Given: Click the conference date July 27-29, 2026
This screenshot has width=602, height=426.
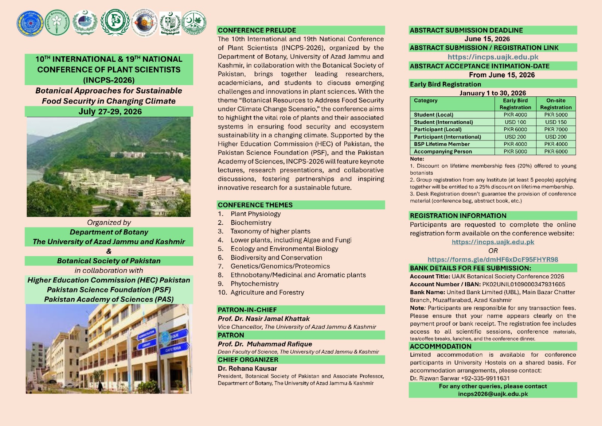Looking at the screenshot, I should (x=110, y=111).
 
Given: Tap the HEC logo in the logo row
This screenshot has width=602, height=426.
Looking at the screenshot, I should (x=85, y=22).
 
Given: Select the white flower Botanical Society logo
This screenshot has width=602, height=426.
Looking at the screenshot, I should (x=57, y=23).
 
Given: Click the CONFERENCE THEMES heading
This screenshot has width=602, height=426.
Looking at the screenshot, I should (x=255, y=205).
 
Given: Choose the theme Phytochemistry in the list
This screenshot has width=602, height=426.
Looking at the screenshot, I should (x=255, y=284).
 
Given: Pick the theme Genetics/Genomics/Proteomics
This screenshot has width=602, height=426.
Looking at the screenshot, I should (x=280, y=266).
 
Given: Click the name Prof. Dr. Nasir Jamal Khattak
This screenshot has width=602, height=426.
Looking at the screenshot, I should (x=264, y=319).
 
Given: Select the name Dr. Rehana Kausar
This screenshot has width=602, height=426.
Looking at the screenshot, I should (x=247, y=368).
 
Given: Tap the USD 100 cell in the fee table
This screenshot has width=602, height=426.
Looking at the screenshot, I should (x=515, y=122).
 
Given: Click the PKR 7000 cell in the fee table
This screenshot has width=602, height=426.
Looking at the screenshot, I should (x=556, y=129).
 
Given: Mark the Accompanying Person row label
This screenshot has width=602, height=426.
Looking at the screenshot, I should (x=442, y=151).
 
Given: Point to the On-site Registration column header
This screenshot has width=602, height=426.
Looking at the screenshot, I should (x=556, y=104).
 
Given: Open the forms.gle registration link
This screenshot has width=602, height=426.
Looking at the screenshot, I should (x=493, y=259).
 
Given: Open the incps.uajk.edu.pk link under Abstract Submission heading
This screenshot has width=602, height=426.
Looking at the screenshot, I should (x=493, y=57).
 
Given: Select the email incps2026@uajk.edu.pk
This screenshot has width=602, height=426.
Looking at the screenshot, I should (x=493, y=394).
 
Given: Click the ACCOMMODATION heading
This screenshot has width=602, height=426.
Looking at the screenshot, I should (x=440, y=346).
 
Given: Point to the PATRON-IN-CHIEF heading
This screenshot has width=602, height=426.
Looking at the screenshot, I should (x=247, y=310).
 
